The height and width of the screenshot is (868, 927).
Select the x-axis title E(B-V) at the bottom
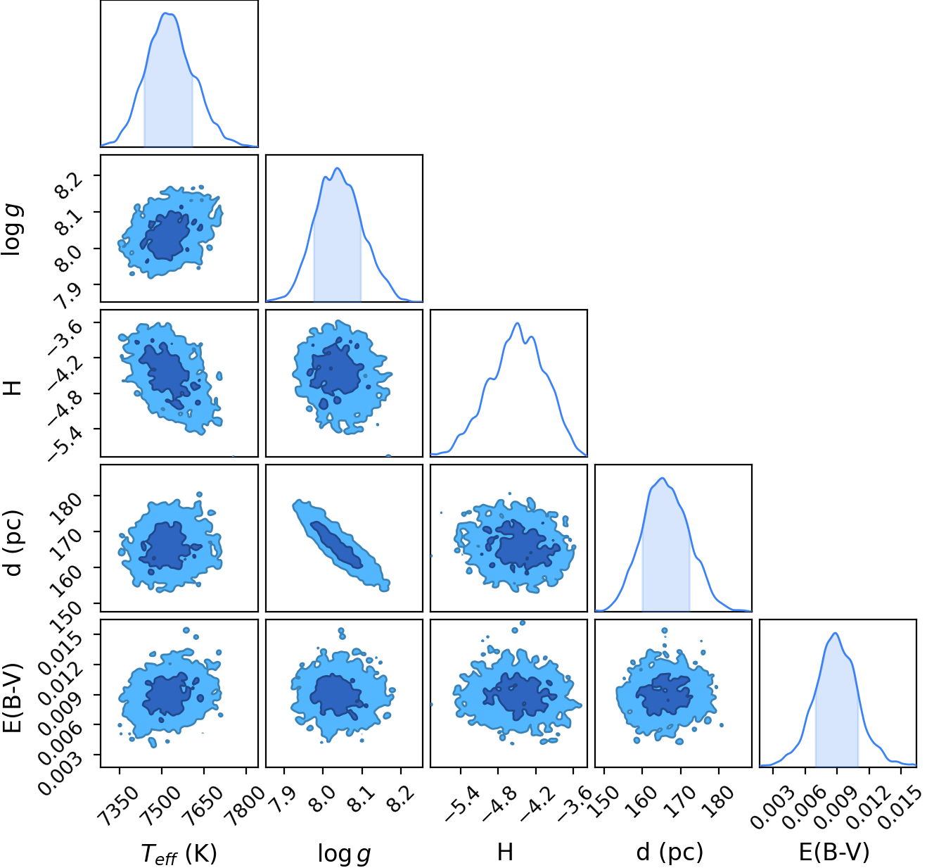pos(835,852)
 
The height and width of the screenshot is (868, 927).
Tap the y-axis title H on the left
pos(13,387)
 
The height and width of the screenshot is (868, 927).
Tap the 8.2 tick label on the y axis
pos(65,184)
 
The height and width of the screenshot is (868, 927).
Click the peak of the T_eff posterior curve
pos(167,13)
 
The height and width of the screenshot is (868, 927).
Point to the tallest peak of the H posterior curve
pos(517,323)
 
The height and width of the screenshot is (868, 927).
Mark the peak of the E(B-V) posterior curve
pos(835,634)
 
